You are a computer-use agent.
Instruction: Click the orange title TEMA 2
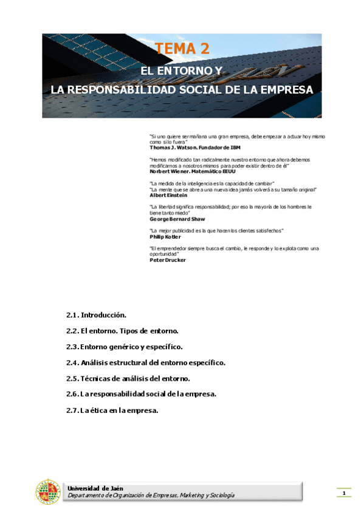(x=182, y=49)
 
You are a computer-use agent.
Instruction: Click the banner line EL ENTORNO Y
(x=182, y=71)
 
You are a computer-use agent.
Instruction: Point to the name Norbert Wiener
(x=171, y=171)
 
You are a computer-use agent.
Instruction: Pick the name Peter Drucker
(x=167, y=260)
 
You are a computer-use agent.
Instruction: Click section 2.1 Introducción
(x=96, y=315)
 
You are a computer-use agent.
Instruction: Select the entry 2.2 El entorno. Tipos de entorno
(x=122, y=331)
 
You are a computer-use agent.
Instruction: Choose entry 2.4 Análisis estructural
(x=146, y=363)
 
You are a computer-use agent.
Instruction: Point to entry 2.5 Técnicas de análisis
(x=131, y=378)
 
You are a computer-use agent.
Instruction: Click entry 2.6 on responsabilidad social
(x=142, y=394)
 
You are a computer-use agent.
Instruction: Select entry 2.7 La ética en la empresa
(x=112, y=410)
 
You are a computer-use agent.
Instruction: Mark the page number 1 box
(x=344, y=493)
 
